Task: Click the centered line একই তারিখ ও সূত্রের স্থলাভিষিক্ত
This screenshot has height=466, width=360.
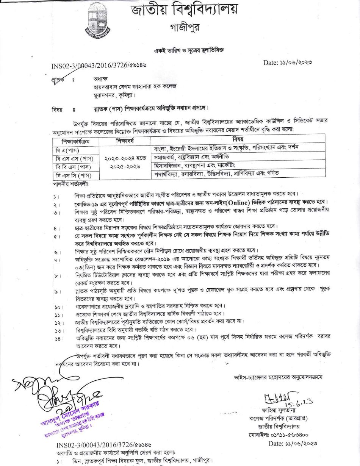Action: (x=189, y=50)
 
